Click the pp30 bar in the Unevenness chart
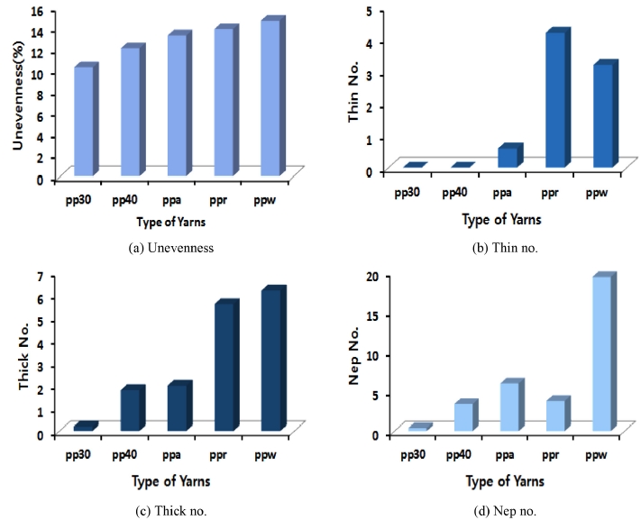click(84, 122)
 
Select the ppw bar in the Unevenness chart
click(271, 98)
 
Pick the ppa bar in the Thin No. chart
click(508, 157)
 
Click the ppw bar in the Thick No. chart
click(271, 360)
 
